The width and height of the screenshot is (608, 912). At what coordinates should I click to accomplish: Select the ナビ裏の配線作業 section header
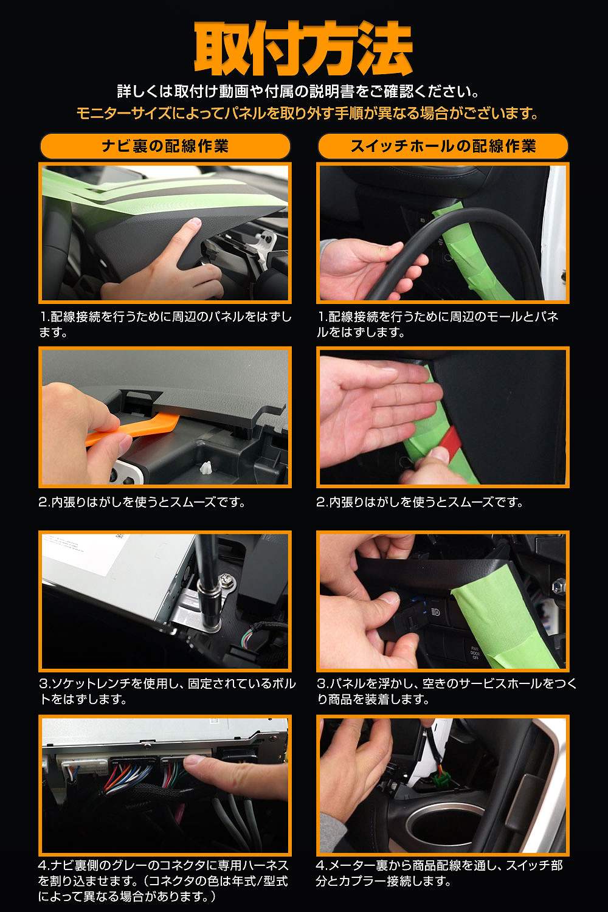coord(165,146)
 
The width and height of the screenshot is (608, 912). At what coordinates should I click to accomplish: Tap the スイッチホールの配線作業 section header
coord(443,146)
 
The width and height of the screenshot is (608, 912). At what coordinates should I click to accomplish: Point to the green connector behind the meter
coord(439,780)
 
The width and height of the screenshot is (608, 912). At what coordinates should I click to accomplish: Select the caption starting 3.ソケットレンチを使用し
coord(167,691)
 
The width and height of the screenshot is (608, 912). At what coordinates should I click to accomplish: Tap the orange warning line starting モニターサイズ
coord(308,112)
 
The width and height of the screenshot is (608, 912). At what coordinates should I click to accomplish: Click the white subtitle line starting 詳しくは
coord(299,91)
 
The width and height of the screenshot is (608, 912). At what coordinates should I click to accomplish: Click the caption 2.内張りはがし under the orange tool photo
coord(142,502)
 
